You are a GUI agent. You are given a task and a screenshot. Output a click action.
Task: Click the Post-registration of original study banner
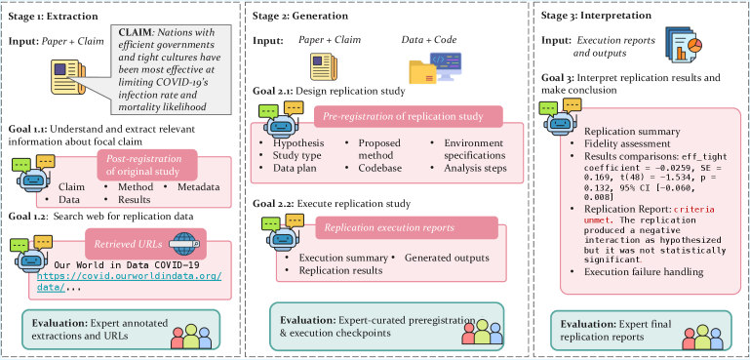[144, 164]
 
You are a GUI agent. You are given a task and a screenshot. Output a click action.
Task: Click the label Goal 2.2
[276, 202]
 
